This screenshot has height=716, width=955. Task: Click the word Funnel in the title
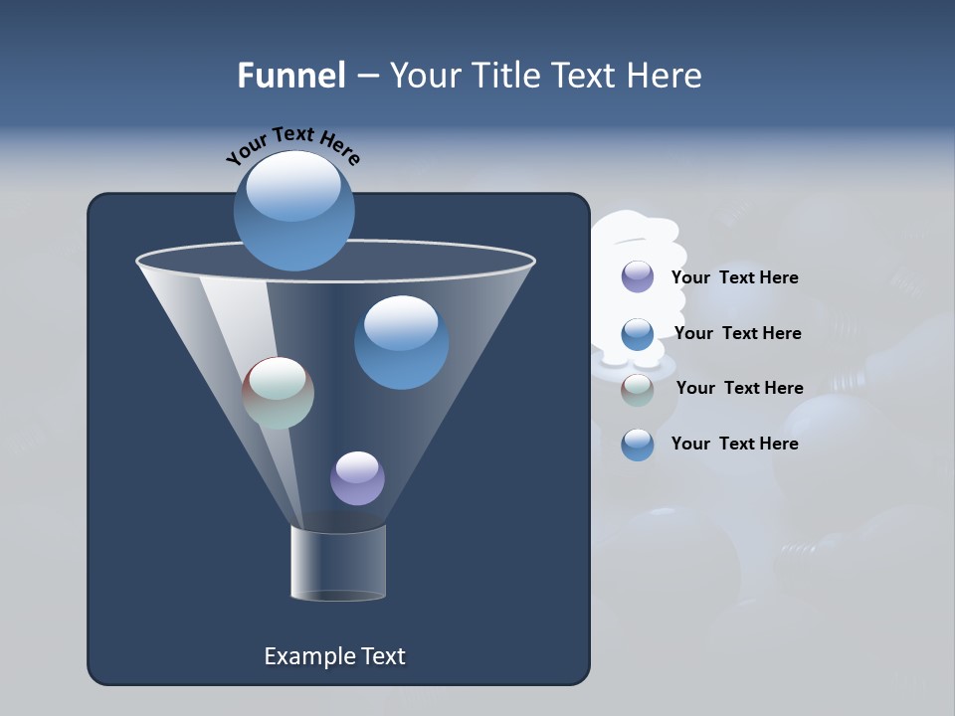tap(290, 76)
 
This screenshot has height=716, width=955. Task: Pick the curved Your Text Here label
tap(292, 144)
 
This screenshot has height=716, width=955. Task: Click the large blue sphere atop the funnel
tap(293, 211)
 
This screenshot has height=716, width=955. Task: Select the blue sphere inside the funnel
tap(401, 342)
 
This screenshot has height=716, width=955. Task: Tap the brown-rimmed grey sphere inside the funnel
tap(279, 393)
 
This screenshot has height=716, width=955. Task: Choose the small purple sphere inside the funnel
tap(357, 478)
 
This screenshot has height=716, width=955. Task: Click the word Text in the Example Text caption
tap(382, 656)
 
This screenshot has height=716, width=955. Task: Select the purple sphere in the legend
tap(638, 276)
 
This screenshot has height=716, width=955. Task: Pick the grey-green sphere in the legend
tap(638, 390)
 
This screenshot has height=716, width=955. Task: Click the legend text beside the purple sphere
tap(734, 277)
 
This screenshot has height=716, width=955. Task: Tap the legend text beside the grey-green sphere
tap(739, 388)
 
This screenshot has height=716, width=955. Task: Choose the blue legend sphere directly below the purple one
tap(638, 334)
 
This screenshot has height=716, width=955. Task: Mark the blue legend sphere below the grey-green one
tap(638, 445)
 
